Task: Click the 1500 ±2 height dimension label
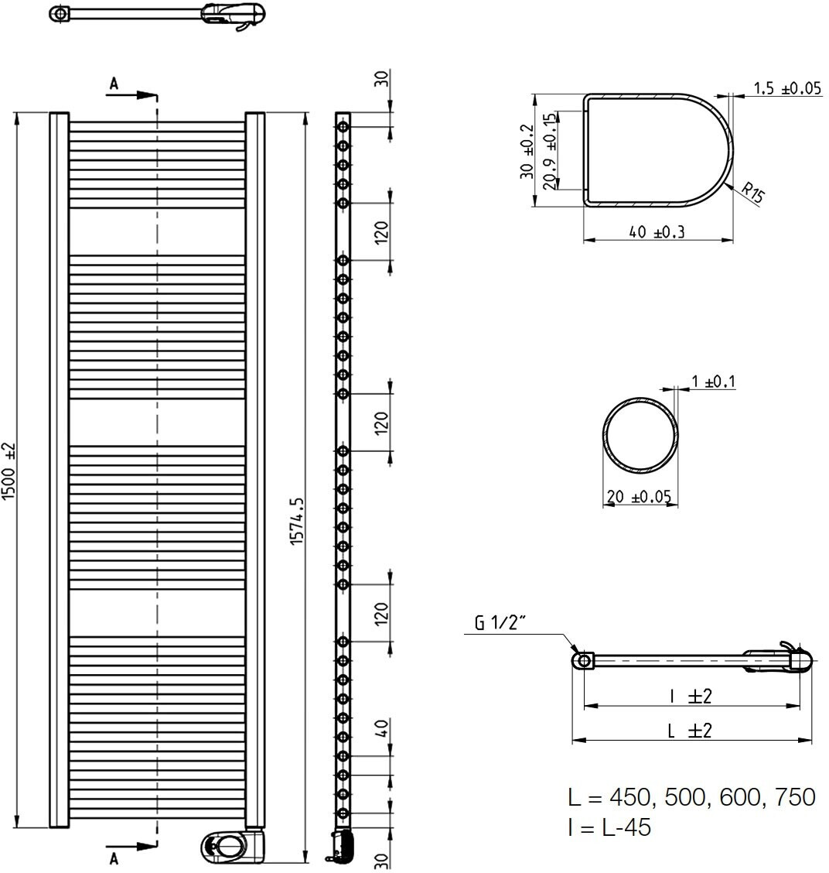click(10, 471)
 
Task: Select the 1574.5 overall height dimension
click(298, 521)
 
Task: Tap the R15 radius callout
click(752, 193)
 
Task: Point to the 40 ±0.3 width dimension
click(657, 231)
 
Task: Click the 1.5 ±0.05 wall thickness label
click(787, 88)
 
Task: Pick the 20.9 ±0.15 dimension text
click(551, 152)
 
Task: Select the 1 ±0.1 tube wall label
click(713, 382)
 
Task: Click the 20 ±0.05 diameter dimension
click(640, 496)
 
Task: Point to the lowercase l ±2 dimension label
click(691, 696)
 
